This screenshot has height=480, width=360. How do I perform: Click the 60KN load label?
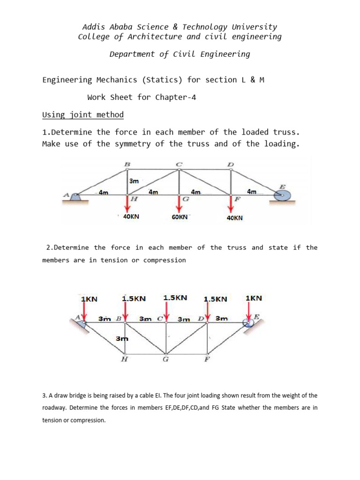180,217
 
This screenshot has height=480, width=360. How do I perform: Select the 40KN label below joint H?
131,217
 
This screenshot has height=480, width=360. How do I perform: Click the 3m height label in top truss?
134,180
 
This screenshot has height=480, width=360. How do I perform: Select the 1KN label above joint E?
254,298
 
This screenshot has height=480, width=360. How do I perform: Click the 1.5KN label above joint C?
175,298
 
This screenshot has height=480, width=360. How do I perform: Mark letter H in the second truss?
124,360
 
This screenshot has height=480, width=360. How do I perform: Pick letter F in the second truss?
207,360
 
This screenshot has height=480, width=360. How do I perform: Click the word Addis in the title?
93,27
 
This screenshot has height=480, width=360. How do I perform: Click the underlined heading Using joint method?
83,115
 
